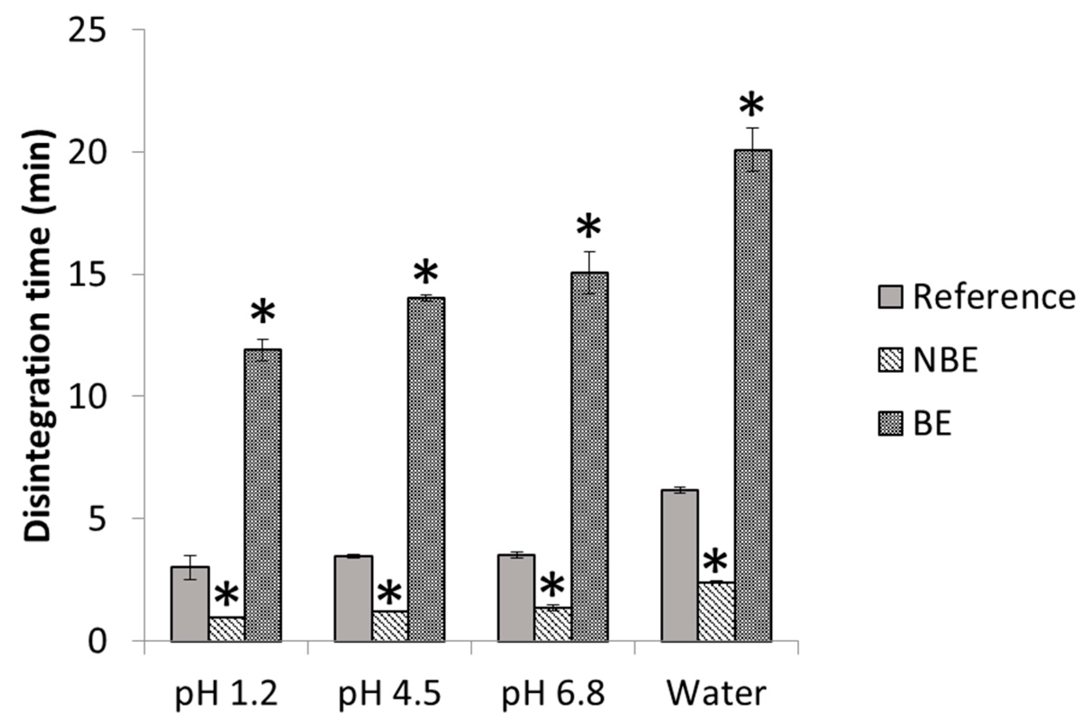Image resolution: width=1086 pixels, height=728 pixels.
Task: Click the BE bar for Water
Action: (752, 395)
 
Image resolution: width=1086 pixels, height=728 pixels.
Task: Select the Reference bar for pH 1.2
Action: (190, 603)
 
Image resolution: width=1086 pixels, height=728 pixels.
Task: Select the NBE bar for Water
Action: (716, 611)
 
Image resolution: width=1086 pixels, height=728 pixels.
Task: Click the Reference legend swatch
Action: (890, 297)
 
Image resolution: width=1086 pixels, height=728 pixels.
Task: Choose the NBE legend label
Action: (946, 360)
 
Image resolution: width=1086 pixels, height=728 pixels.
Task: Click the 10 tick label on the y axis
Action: (87, 396)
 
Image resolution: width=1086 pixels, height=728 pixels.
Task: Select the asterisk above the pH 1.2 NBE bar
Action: (226, 595)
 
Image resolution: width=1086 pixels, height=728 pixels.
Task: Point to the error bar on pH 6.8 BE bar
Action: (589, 273)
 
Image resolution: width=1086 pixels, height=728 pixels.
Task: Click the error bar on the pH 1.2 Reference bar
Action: (190, 567)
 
